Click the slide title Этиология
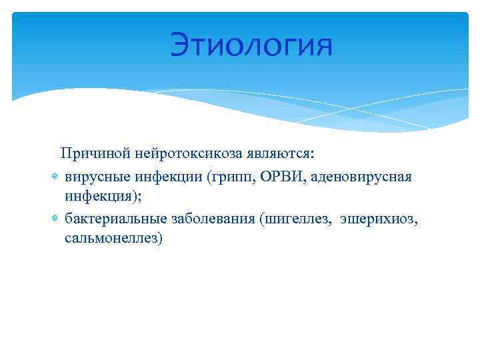pos(250,46)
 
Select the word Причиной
pos(87,154)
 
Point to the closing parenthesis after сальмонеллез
pos(160,239)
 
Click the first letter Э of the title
pos(181,46)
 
